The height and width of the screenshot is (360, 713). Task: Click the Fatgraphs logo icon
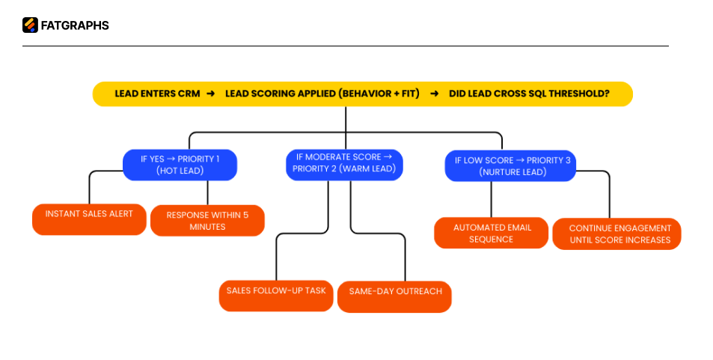tap(30, 25)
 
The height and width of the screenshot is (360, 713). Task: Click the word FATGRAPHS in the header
tap(75, 25)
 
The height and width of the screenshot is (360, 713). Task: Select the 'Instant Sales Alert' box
tap(89, 219)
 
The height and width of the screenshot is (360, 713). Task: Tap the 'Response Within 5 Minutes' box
tap(207, 221)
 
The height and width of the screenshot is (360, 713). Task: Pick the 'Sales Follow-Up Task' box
tap(276, 295)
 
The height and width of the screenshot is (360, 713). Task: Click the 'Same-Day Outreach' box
tap(395, 296)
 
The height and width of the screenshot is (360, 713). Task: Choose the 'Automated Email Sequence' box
tap(491, 233)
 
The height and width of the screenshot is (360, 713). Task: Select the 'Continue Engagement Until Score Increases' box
tap(616, 234)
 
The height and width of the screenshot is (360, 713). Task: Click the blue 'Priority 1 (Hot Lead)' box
tap(180, 165)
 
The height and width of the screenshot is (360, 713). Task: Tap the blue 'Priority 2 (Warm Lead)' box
tap(344, 164)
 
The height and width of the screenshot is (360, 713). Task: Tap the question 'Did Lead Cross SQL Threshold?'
tap(529, 94)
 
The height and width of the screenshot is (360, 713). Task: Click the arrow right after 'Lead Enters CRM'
tap(211, 94)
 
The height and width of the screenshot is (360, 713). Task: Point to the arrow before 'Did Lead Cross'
tap(434, 94)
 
